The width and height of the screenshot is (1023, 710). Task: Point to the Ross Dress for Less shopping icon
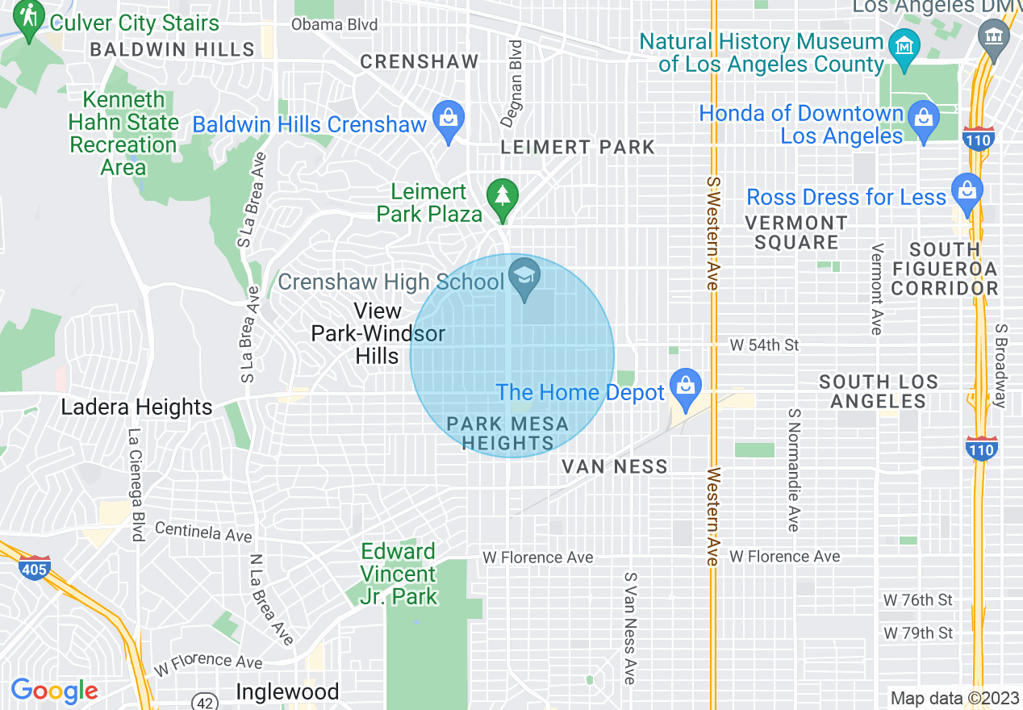(x=965, y=192)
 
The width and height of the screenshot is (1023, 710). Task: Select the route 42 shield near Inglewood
(x=206, y=702)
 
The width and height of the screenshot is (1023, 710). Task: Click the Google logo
(x=54, y=691)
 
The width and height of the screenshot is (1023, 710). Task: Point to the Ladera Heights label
(x=136, y=407)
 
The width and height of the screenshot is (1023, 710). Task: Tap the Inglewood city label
(x=287, y=692)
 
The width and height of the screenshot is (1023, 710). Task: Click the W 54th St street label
(x=764, y=345)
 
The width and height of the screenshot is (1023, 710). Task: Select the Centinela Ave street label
(x=203, y=532)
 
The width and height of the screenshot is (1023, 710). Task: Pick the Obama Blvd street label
(x=334, y=24)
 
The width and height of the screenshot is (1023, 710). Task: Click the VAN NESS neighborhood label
(x=615, y=466)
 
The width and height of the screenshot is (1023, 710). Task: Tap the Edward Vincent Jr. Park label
(x=399, y=574)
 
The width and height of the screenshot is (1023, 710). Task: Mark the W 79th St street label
(x=918, y=633)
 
